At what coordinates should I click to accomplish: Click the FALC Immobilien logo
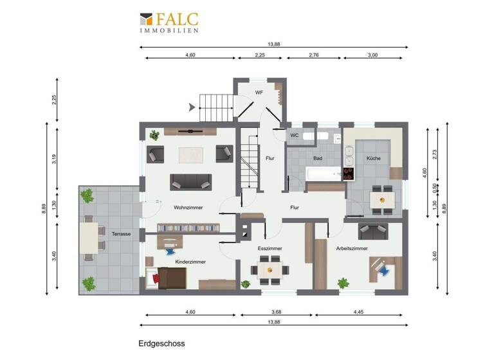tap(169, 22)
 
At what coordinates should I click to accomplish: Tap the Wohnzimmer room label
tap(188, 208)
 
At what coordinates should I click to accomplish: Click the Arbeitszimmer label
tap(352, 248)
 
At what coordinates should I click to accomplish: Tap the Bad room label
tap(317, 157)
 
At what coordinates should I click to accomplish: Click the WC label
tap(294, 135)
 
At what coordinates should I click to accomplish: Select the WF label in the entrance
tap(259, 93)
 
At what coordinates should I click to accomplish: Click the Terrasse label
tap(121, 234)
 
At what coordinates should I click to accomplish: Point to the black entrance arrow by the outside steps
tap(192, 108)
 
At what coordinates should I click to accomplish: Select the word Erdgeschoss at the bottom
tap(161, 345)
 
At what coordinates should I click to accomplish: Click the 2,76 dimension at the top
tap(315, 55)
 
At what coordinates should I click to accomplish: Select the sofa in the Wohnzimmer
tap(190, 181)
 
